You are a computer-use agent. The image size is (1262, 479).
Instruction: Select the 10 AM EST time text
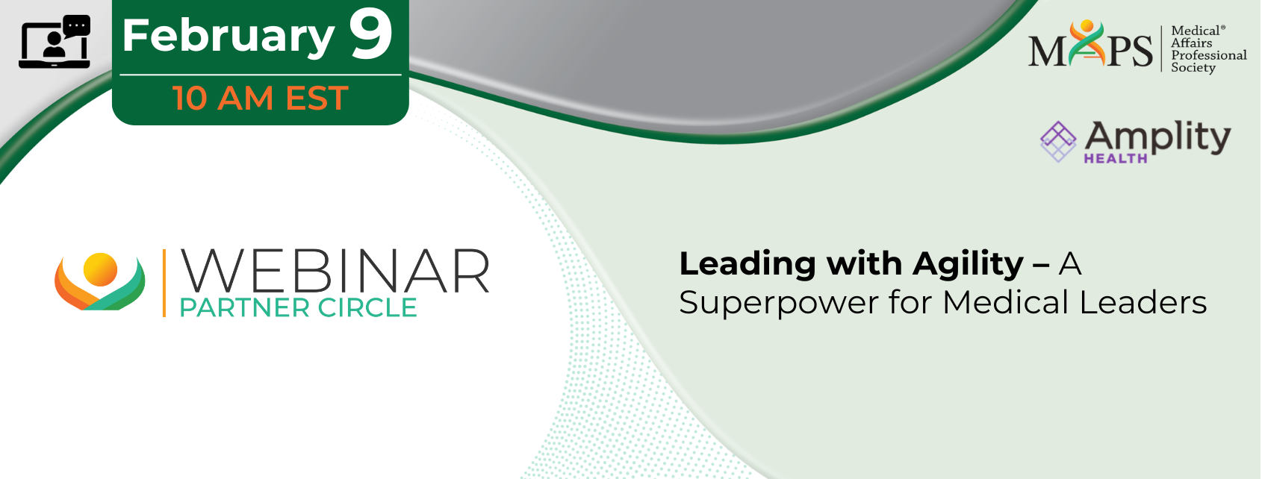261,98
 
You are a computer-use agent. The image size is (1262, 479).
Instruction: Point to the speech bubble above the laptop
77,26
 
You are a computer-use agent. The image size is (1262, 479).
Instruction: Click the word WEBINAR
335,272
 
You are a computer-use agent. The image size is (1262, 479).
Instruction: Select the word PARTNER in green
244,308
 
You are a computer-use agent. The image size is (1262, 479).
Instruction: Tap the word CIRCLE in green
367,308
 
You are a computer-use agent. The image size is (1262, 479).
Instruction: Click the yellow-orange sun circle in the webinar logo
100,269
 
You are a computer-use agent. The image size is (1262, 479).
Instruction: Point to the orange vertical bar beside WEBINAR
164,283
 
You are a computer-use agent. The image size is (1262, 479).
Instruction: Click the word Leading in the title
747,265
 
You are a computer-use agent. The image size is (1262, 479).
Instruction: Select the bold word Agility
967,265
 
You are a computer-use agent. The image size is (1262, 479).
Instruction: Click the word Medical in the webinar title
1006,302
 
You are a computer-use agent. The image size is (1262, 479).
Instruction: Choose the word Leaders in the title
1143,302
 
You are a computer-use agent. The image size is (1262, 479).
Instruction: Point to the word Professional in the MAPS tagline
1209,56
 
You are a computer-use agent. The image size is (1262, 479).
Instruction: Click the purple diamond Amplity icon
1058,142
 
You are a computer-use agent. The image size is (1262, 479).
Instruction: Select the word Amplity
1157,137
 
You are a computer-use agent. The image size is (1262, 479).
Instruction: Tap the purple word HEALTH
1116,159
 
